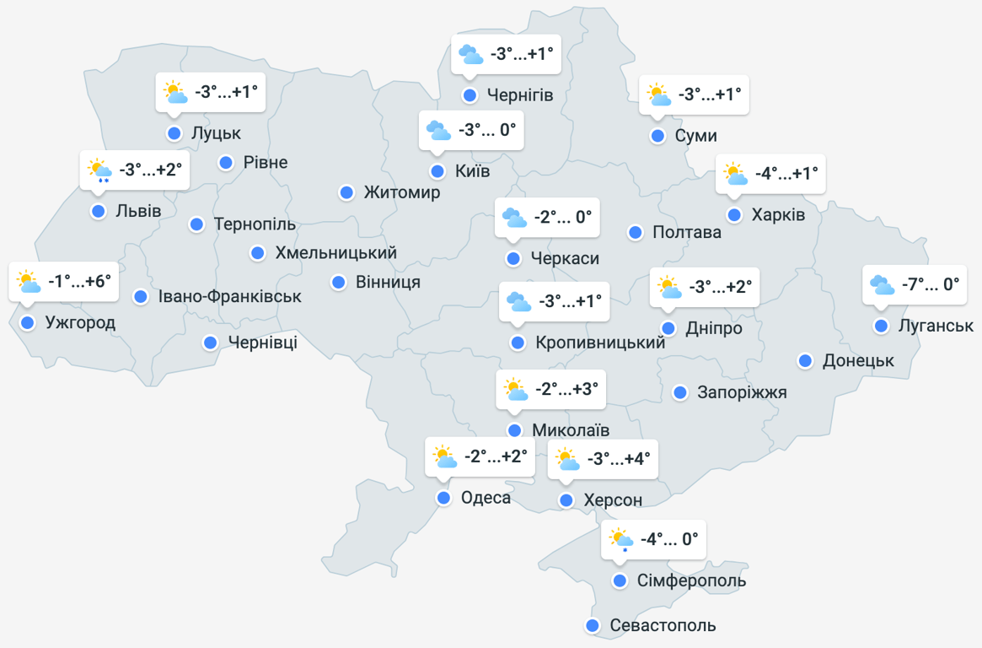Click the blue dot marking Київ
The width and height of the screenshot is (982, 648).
[437, 172]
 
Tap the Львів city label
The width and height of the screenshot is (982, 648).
[138, 211]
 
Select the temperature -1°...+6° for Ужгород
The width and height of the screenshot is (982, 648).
[79, 281]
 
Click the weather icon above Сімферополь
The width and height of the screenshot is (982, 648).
[621, 539]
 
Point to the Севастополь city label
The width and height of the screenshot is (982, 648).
[663, 626]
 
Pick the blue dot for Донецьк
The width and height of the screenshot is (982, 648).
[805, 361]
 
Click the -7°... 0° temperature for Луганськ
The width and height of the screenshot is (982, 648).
[931, 284]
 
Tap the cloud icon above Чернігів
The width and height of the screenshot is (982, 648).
[470, 55]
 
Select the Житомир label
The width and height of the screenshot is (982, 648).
[402, 193]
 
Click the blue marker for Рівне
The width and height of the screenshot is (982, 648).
[226, 163]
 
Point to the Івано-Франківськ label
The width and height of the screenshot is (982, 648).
[230, 297]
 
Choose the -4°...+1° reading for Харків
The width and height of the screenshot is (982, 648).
[786, 174]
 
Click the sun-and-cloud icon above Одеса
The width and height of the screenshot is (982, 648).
[444, 457]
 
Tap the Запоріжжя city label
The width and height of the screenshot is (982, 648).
[742, 392]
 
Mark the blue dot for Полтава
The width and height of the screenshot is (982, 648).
[636, 232]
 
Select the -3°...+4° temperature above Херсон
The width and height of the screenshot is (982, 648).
[619, 459]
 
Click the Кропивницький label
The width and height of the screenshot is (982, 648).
[600, 343]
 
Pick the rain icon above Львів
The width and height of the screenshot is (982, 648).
[99, 171]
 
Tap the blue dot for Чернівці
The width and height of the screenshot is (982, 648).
[210, 343]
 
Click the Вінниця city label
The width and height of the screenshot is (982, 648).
[388, 282]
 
